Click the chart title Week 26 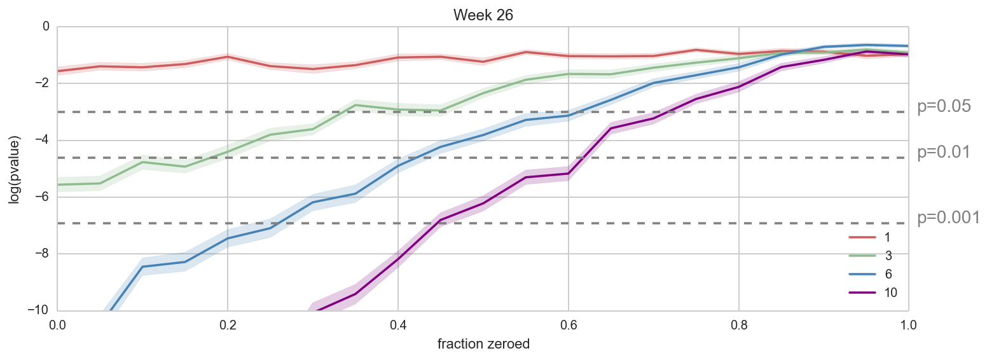(x=483, y=15)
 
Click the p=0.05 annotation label (x=944, y=107)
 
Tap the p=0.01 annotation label (x=944, y=153)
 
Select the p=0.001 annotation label (x=948, y=218)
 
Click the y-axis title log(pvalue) (x=14, y=169)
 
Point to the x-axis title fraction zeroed (x=483, y=344)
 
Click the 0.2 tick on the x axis (x=227, y=324)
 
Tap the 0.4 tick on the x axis (x=397, y=324)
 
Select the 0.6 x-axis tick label (x=568, y=324)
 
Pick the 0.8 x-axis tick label (x=738, y=324)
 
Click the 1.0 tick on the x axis (x=908, y=324)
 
